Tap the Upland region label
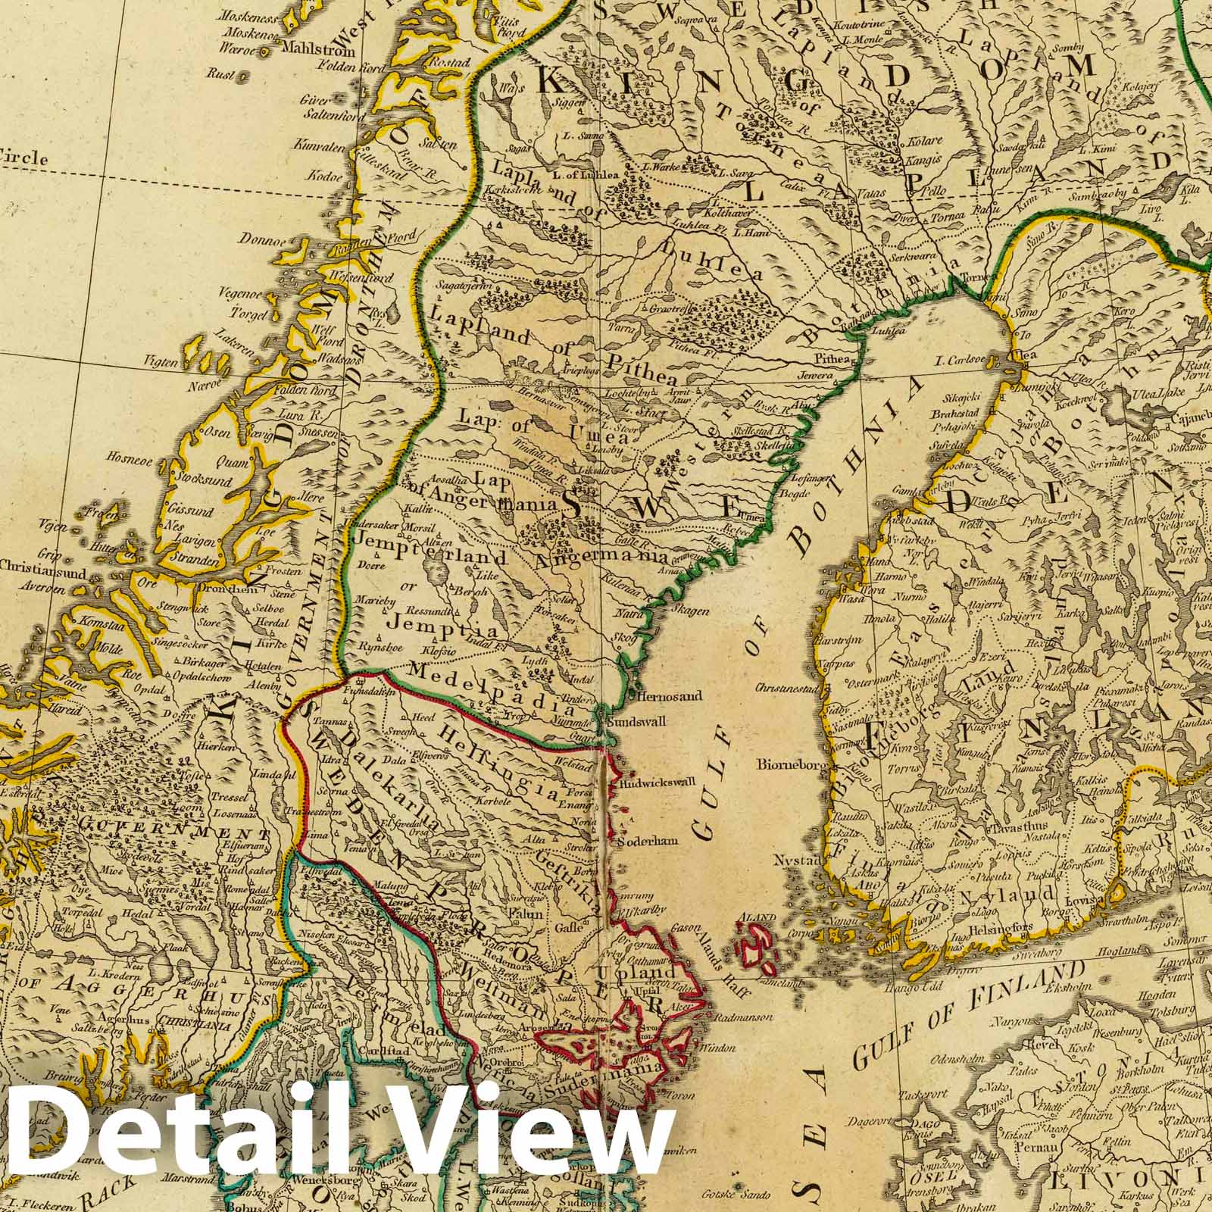pyautogui.click(x=651, y=972)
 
